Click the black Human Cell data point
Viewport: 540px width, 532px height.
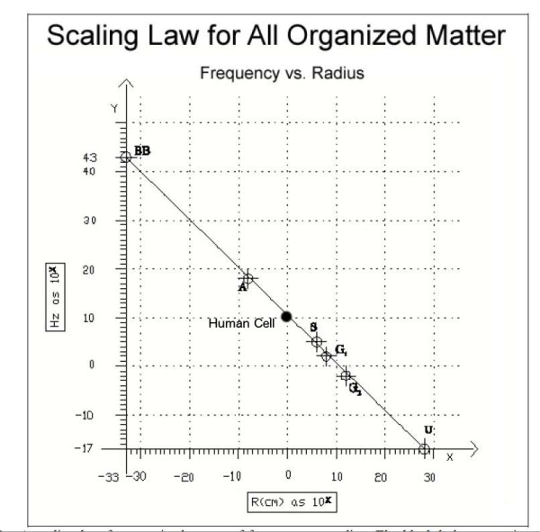(x=286, y=316)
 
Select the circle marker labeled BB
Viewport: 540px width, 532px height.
(x=127, y=157)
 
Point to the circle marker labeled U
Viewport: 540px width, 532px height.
(x=425, y=448)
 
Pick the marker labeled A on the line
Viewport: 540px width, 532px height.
(x=247, y=279)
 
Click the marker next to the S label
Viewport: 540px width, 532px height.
(x=317, y=341)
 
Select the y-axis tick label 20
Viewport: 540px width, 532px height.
(x=114, y=269)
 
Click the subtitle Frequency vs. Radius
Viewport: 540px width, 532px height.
(x=282, y=73)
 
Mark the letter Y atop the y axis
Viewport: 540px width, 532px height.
(x=114, y=108)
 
